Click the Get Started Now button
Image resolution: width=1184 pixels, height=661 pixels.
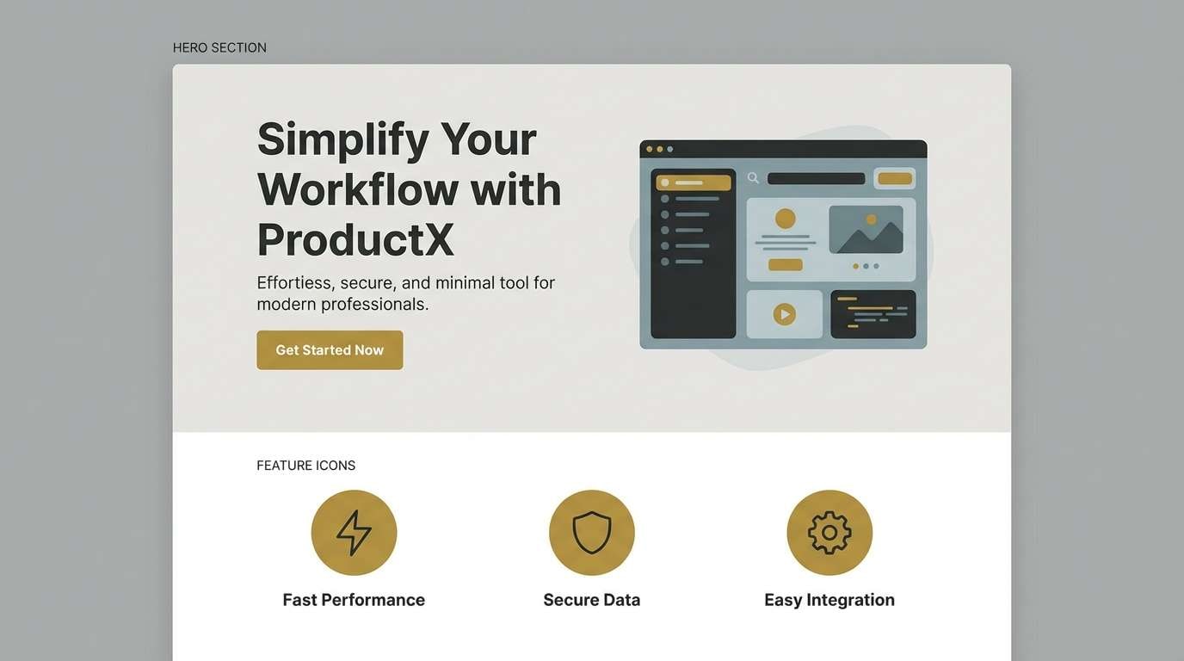click(x=330, y=350)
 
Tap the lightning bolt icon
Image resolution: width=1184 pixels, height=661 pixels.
click(x=354, y=533)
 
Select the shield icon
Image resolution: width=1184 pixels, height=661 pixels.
click(x=592, y=533)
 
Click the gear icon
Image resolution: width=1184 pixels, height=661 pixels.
click(x=829, y=533)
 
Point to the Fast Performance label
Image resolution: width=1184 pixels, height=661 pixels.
click(x=354, y=600)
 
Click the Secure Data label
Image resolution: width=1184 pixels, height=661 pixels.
click(x=592, y=600)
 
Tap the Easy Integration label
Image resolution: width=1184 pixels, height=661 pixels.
click(x=829, y=600)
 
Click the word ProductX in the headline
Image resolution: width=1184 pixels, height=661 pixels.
click(x=355, y=239)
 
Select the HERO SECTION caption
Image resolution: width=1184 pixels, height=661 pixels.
click(x=219, y=47)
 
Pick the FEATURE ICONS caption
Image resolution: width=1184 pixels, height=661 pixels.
click(x=305, y=466)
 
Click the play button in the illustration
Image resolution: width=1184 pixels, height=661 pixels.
click(x=784, y=314)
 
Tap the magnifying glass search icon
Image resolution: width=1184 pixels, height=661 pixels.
click(x=753, y=178)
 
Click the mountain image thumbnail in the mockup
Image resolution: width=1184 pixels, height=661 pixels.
click(x=866, y=229)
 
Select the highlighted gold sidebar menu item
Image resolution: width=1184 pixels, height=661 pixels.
click(x=694, y=182)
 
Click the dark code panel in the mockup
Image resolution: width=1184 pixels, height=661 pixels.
click(x=873, y=314)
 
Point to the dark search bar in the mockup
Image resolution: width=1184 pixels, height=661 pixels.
click(x=816, y=179)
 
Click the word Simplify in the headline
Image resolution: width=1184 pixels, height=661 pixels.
click(x=343, y=139)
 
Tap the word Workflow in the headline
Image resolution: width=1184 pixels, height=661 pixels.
click(x=357, y=189)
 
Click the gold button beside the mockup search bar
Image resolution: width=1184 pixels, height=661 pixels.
click(x=895, y=179)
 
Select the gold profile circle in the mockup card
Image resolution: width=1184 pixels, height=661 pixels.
click(x=785, y=219)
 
